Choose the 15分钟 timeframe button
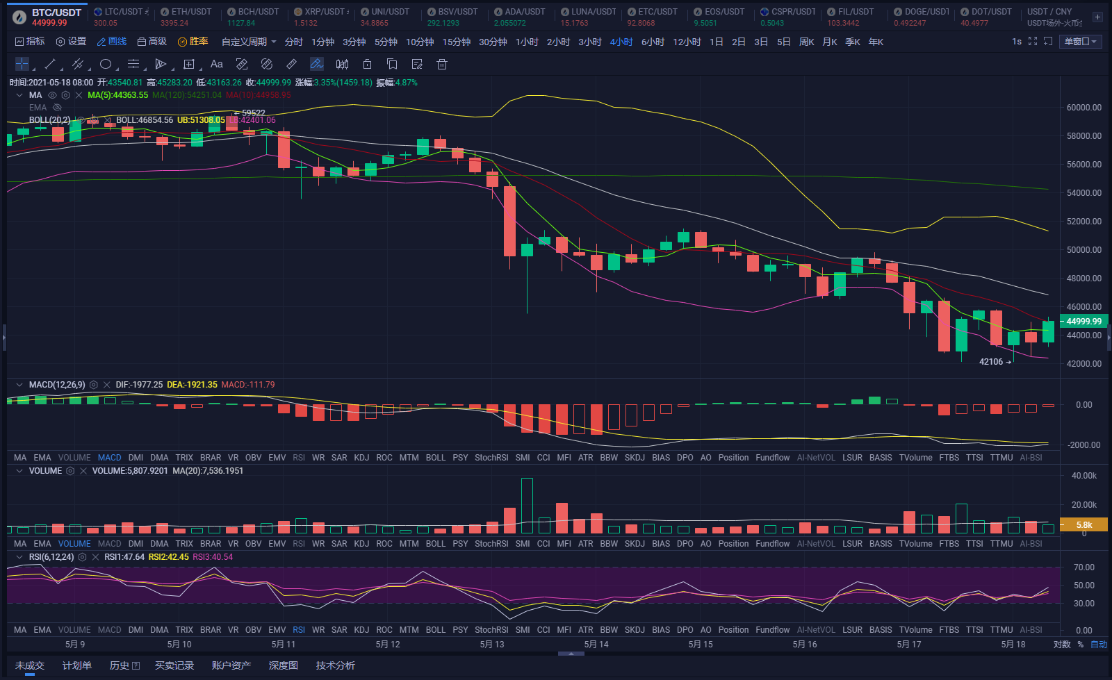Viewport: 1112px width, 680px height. click(x=456, y=42)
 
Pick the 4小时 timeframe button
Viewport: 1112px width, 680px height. click(x=621, y=42)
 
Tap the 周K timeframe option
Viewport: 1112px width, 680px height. click(x=806, y=42)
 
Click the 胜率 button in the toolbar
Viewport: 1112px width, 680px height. click(x=193, y=42)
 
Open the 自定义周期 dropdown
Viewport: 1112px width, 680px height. click(x=249, y=42)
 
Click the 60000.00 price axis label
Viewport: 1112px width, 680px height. click(x=1084, y=108)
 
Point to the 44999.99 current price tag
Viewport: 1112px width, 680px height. click(x=1084, y=322)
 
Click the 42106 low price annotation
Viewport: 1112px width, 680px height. click(x=991, y=362)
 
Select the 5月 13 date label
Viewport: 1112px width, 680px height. click(x=491, y=645)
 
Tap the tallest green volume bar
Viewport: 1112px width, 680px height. click(x=527, y=505)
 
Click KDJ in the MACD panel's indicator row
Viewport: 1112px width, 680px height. click(x=361, y=458)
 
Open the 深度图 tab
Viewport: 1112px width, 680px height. click(x=283, y=665)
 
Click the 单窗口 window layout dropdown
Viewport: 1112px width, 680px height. click(x=1080, y=42)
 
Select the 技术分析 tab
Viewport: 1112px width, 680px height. click(x=335, y=665)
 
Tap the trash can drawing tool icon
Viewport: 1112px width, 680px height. click(x=441, y=65)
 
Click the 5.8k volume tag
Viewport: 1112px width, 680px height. click(x=1084, y=525)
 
